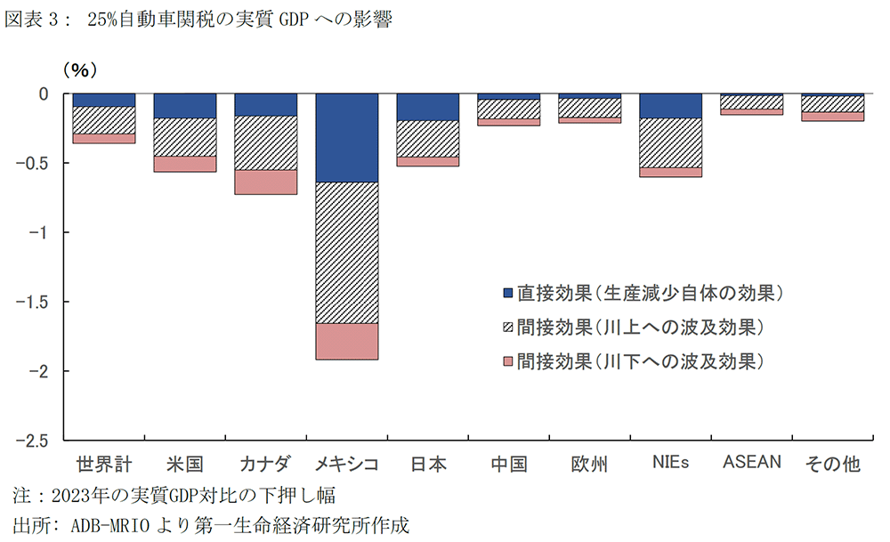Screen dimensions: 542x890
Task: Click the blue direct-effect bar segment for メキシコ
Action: pos(346,138)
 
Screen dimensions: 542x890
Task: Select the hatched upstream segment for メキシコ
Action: pos(346,253)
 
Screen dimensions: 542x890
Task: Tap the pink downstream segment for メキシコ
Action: pos(346,341)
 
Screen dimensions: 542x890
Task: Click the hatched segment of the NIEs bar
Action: pos(670,142)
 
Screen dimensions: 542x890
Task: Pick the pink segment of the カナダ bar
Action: pos(265,182)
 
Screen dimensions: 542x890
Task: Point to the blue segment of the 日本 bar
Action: pos(427,107)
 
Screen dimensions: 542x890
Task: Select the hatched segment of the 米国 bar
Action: pos(184,137)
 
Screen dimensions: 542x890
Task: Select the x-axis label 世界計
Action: pos(103,464)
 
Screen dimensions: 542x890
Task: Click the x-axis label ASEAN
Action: pos(751,462)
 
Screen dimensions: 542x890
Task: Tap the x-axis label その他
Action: pos(832,464)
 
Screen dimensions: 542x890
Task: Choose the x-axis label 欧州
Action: pos(589,464)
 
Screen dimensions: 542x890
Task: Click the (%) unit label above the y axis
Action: pos(79,69)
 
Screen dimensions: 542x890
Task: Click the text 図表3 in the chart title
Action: pos(34,21)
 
